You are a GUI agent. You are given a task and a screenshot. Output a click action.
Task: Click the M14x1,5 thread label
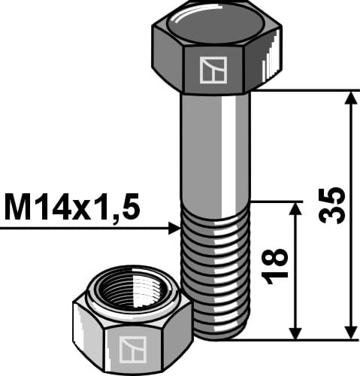pos(72,208)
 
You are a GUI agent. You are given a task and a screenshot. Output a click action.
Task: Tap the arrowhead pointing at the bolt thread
pos(174,228)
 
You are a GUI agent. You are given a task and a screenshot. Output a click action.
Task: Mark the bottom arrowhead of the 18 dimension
pos(295,332)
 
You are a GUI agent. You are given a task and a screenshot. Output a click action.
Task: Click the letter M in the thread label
pos(19,208)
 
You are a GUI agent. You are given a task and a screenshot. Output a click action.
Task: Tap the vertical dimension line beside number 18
pos(295,301)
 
